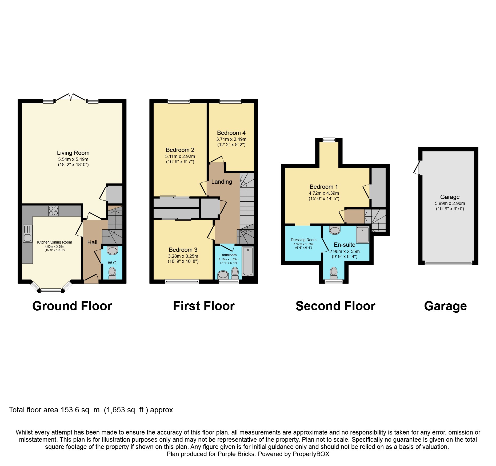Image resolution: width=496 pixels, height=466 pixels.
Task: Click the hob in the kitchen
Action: [53, 211]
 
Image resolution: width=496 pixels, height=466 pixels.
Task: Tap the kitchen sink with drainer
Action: [27, 234]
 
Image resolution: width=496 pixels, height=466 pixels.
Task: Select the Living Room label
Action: [73, 153]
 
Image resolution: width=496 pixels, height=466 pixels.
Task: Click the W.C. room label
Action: [113, 263]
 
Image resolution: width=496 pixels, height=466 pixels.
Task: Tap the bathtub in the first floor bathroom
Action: [248, 261]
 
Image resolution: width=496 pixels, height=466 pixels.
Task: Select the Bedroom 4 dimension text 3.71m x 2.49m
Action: [231, 139]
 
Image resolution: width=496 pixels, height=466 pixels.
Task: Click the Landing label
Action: [222, 182]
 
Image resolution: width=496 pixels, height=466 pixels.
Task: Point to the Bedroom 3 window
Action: [182, 281]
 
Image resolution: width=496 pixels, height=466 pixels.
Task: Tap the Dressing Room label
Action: [303, 240]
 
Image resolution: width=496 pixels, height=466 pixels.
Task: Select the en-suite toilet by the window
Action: [334, 273]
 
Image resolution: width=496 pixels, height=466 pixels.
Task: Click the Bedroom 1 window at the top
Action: [329, 140]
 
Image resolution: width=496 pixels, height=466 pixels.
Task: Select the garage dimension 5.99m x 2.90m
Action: [450, 203]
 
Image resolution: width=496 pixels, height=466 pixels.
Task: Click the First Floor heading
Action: [204, 306]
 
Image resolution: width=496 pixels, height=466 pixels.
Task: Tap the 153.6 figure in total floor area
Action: [70, 410]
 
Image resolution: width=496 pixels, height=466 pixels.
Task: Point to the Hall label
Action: [92, 242]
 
